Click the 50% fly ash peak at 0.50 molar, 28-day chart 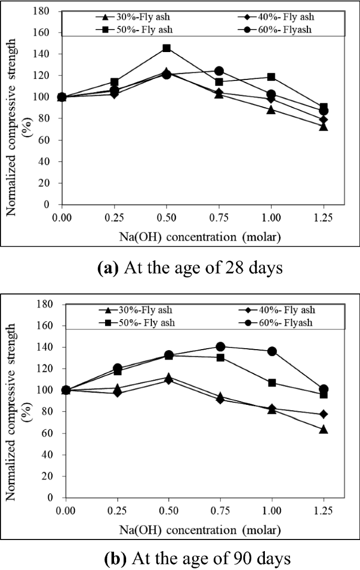coord(167,48)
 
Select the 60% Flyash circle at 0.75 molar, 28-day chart coord(219,71)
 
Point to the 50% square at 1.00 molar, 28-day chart coord(271,77)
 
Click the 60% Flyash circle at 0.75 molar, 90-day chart coord(221,347)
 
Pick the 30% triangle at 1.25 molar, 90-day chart coord(324,429)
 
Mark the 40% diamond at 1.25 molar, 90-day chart coord(324,414)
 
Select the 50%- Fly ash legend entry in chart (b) coord(145,322)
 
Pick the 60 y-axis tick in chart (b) coord(48,433)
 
